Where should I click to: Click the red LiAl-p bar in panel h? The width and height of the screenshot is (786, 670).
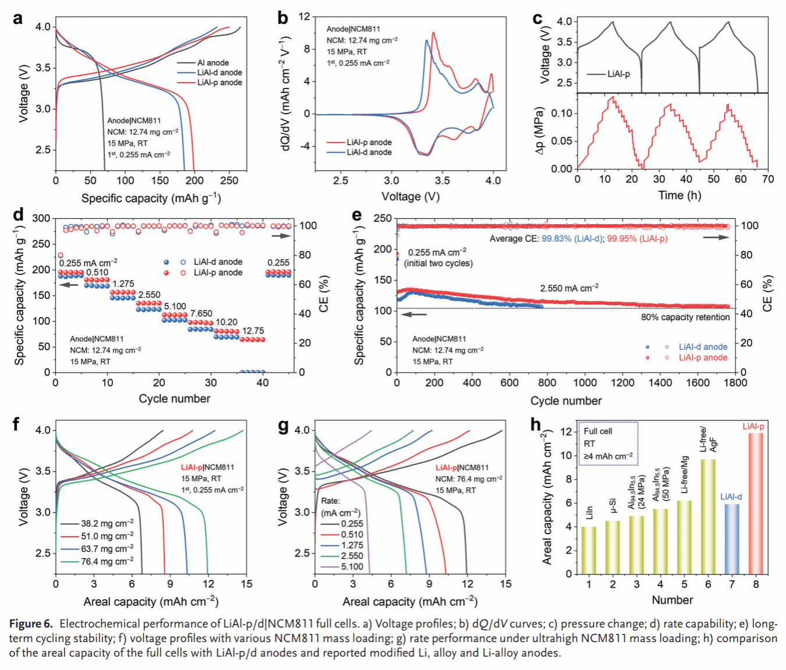[x=755, y=503]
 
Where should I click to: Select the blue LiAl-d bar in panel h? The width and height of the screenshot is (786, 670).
[x=732, y=538]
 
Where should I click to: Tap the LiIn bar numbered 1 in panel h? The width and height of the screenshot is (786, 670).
[x=589, y=550]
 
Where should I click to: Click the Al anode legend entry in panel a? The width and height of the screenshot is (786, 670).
[x=213, y=63]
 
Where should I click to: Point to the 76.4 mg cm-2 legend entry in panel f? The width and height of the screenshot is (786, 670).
[x=107, y=561]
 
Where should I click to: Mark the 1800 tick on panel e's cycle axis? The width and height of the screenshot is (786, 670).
[x=735, y=383]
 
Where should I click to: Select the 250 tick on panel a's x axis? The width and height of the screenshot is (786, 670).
[x=229, y=180]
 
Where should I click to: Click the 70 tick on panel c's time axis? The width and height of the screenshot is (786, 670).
[x=768, y=179]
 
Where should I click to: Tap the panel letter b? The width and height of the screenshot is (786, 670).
[x=283, y=18]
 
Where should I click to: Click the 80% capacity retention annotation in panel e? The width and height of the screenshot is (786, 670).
[x=685, y=317]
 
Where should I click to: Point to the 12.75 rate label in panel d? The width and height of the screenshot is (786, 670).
[x=253, y=331]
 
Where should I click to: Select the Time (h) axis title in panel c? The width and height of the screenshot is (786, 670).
[x=679, y=196]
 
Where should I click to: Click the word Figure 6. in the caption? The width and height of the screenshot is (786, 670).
[x=31, y=624]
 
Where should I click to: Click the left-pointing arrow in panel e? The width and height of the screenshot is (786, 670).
[x=415, y=314]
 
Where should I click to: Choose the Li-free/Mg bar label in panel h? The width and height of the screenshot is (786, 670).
[x=685, y=474]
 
